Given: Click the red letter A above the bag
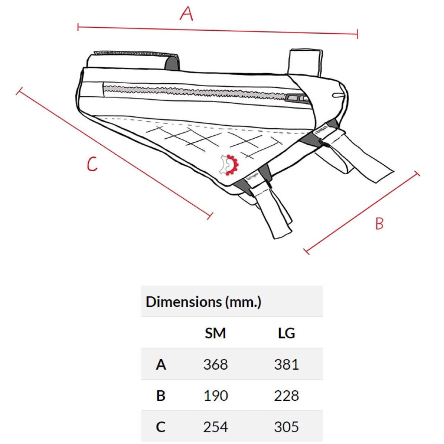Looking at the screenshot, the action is point(186,13).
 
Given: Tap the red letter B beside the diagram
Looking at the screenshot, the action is point(379,223).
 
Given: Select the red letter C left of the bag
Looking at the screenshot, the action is point(92,164).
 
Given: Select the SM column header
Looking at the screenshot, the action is point(215,333).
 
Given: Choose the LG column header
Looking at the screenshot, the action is point(286,333).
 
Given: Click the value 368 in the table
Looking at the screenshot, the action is point(215,364).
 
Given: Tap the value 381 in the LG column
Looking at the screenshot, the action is point(286,364).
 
